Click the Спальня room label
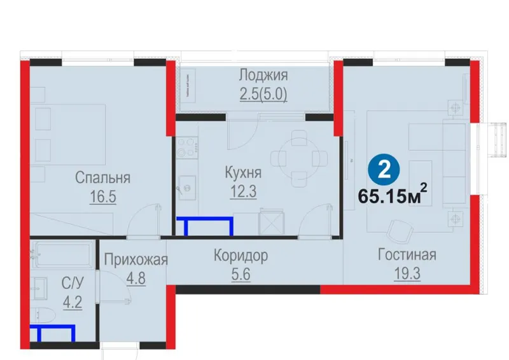click(x=102, y=177)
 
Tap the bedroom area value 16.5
click(x=103, y=197)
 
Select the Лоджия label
click(x=263, y=75)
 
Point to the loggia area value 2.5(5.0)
click(x=263, y=95)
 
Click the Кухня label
click(x=243, y=172)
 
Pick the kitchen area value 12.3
click(x=243, y=191)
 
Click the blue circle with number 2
click(x=384, y=170)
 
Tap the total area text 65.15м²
click(x=392, y=195)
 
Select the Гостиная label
click(x=407, y=254)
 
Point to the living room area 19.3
click(x=407, y=273)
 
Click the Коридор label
click(x=241, y=256)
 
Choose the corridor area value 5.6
click(x=241, y=275)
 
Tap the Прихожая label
click(x=136, y=260)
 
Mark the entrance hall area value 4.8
click(x=136, y=279)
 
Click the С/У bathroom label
click(x=73, y=284)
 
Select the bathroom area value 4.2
click(x=73, y=303)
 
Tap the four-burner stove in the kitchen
click(x=187, y=147)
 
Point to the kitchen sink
click(x=186, y=188)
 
